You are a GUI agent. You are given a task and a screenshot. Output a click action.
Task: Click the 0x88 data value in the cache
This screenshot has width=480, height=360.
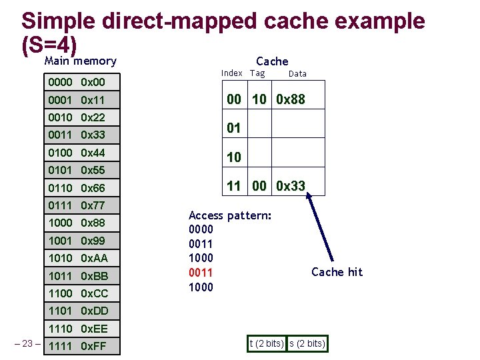pos(291,99)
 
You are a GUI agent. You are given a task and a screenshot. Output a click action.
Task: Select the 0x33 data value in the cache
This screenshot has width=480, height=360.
pos(291,186)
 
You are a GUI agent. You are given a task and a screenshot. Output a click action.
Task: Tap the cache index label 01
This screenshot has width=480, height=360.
pos(234,127)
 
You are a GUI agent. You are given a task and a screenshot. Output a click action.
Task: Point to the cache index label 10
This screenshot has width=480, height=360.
pos(234,157)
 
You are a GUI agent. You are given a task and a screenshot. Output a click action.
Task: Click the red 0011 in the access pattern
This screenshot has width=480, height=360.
pos(201,273)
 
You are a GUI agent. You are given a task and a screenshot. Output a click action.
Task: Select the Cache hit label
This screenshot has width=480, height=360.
pos(337,271)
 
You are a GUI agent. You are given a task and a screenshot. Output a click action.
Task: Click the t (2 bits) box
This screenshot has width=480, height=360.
pos(266,343)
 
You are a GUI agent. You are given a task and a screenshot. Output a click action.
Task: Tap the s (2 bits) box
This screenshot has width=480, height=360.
pos(306,343)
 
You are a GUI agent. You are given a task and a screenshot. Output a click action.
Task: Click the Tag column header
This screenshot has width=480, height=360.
pos(257,73)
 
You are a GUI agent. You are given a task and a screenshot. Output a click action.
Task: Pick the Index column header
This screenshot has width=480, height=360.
pos(231,73)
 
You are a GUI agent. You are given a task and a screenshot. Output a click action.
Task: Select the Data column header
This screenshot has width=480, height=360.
pos(297,74)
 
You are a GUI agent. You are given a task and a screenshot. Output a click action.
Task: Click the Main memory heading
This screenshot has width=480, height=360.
pos(80,61)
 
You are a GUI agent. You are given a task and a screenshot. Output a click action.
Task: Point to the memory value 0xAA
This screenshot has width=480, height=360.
pos(94,258)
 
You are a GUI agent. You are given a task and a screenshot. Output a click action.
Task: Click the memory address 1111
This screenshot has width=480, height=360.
pos(60,346)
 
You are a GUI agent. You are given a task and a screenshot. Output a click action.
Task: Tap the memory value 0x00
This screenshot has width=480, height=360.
pos(93,83)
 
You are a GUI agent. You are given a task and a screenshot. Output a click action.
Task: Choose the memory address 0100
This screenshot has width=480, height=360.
pos(60,153)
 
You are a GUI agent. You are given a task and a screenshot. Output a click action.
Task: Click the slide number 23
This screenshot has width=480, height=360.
pos(27,344)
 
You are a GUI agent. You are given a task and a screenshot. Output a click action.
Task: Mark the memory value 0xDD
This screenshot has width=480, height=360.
pos(94,311)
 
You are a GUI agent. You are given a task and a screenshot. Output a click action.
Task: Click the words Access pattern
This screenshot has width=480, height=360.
pos(229,216)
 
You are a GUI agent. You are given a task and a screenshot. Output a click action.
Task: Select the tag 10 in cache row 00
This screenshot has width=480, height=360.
pos(259,99)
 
